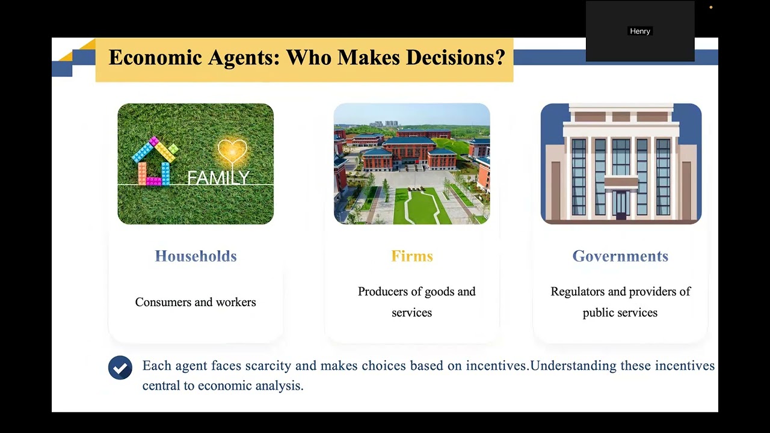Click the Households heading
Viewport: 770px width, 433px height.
[x=196, y=256]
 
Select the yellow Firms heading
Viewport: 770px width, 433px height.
[x=412, y=256]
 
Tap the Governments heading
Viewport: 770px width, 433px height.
[x=620, y=256]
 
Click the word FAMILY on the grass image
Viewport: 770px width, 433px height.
[x=218, y=178]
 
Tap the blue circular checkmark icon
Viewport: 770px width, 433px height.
[x=120, y=367]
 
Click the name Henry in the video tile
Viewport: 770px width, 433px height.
[x=640, y=31]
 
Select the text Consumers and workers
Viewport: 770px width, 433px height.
[x=196, y=302]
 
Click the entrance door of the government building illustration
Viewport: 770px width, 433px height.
[x=620, y=204]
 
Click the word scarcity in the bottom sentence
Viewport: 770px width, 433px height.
[x=266, y=366]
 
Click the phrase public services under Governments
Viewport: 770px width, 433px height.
[x=620, y=313]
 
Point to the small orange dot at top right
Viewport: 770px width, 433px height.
[x=710, y=7]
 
